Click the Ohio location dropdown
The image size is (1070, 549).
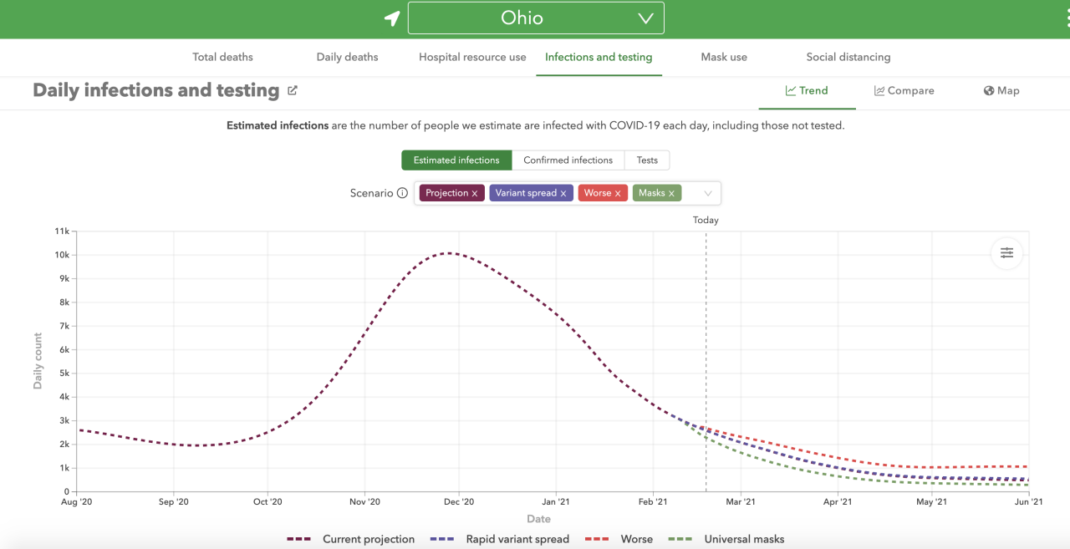(536, 18)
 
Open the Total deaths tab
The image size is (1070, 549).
(222, 57)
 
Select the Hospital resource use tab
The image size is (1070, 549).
(472, 57)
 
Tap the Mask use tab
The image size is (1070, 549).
(724, 57)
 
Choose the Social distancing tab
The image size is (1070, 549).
(848, 57)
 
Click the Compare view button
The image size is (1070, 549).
(904, 90)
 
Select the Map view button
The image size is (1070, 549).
(1001, 90)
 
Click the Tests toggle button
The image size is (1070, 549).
(647, 160)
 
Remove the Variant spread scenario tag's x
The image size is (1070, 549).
(563, 194)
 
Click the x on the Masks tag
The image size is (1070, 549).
(671, 194)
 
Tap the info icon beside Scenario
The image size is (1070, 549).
(402, 193)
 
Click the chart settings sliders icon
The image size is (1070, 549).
(1006, 252)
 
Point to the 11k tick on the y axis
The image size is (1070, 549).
(62, 231)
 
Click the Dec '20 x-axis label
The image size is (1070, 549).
(459, 502)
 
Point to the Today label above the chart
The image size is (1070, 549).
(706, 221)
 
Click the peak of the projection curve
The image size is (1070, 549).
(450, 252)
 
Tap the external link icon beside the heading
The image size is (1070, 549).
(293, 90)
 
